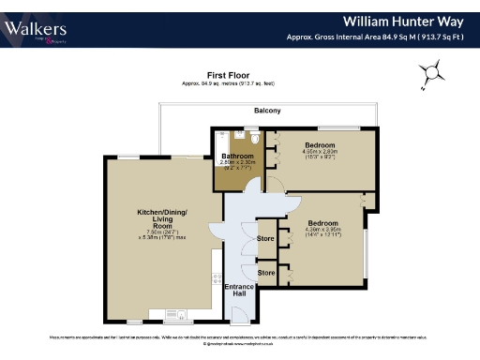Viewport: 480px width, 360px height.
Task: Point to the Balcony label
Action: pos(267,111)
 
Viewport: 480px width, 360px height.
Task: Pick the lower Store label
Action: pos(265,272)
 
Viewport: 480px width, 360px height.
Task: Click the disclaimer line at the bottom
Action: pos(240,335)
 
